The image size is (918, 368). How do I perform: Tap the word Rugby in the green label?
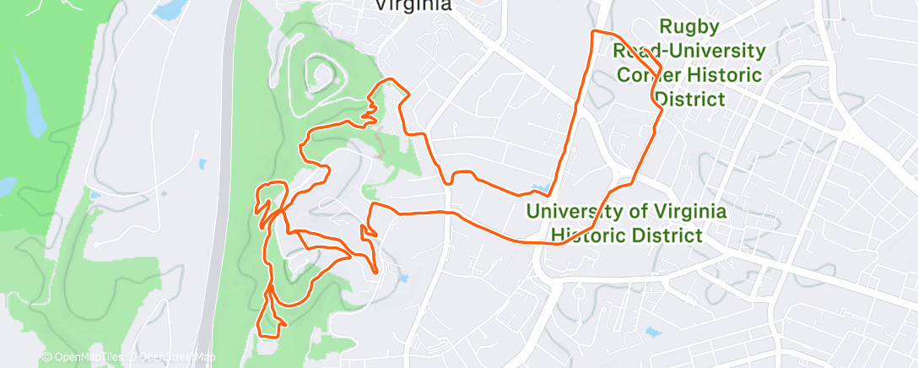coord(689,27)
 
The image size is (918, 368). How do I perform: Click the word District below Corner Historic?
coord(689,100)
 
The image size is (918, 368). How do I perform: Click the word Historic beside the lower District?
coord(595,235)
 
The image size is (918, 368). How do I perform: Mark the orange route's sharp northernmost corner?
coord(596,32)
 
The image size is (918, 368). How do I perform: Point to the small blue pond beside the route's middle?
coord(538,187)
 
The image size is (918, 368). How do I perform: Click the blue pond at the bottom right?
coord(651,332)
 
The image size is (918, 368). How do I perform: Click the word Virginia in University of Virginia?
coord(672,210)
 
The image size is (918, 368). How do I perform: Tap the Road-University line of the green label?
coord(689,51)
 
